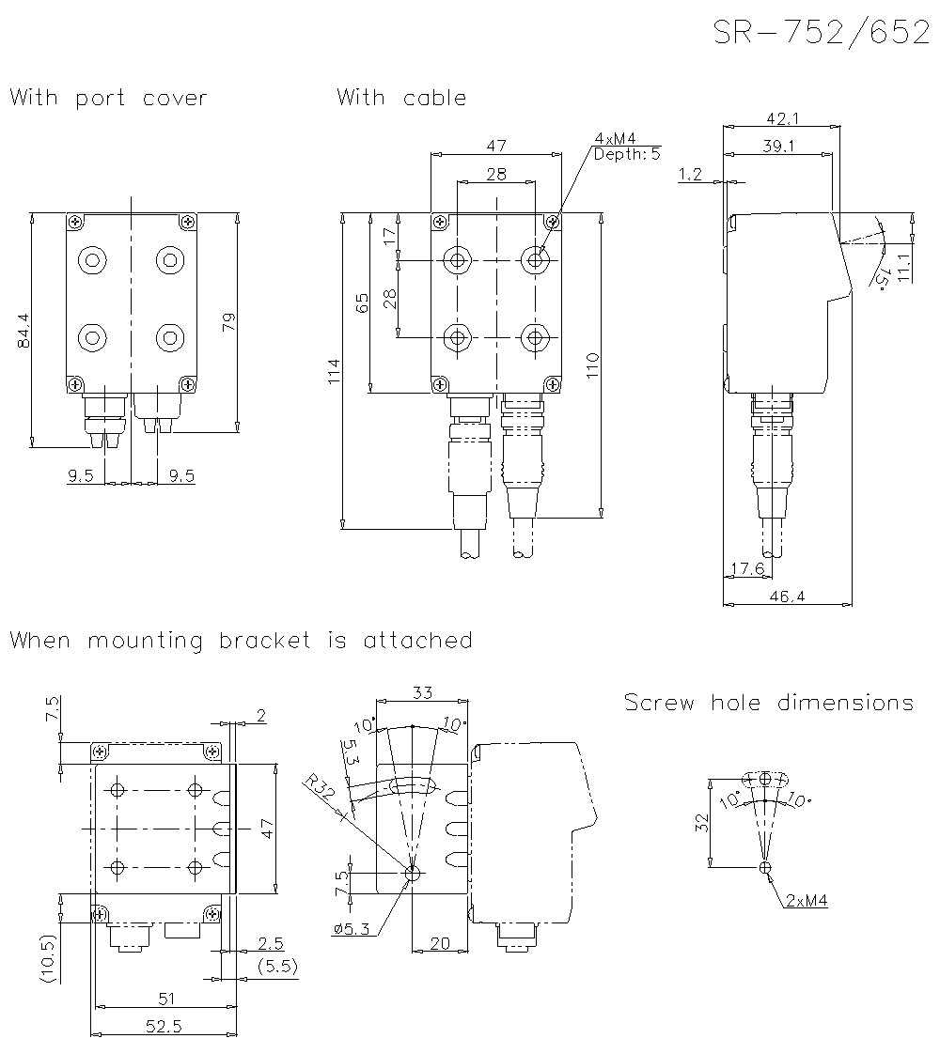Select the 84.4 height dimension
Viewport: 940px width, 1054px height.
click(x=24, y=331)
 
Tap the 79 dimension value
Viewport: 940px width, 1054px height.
click(x=228, y=322)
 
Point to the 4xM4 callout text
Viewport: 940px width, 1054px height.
click(x=615, y=139)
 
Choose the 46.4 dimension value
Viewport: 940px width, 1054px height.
click(x=787, y=596)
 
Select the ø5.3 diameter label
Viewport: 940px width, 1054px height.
click(x=350, y=929)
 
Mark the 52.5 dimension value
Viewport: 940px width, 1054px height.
click(x=164, y=1026)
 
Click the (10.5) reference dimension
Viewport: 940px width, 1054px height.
click(x=48, y=958)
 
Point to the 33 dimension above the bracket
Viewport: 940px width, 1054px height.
click(x=422, y=692)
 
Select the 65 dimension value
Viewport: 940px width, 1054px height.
click(x=363, y=302)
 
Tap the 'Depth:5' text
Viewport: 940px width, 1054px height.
click(x=627, y=153)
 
